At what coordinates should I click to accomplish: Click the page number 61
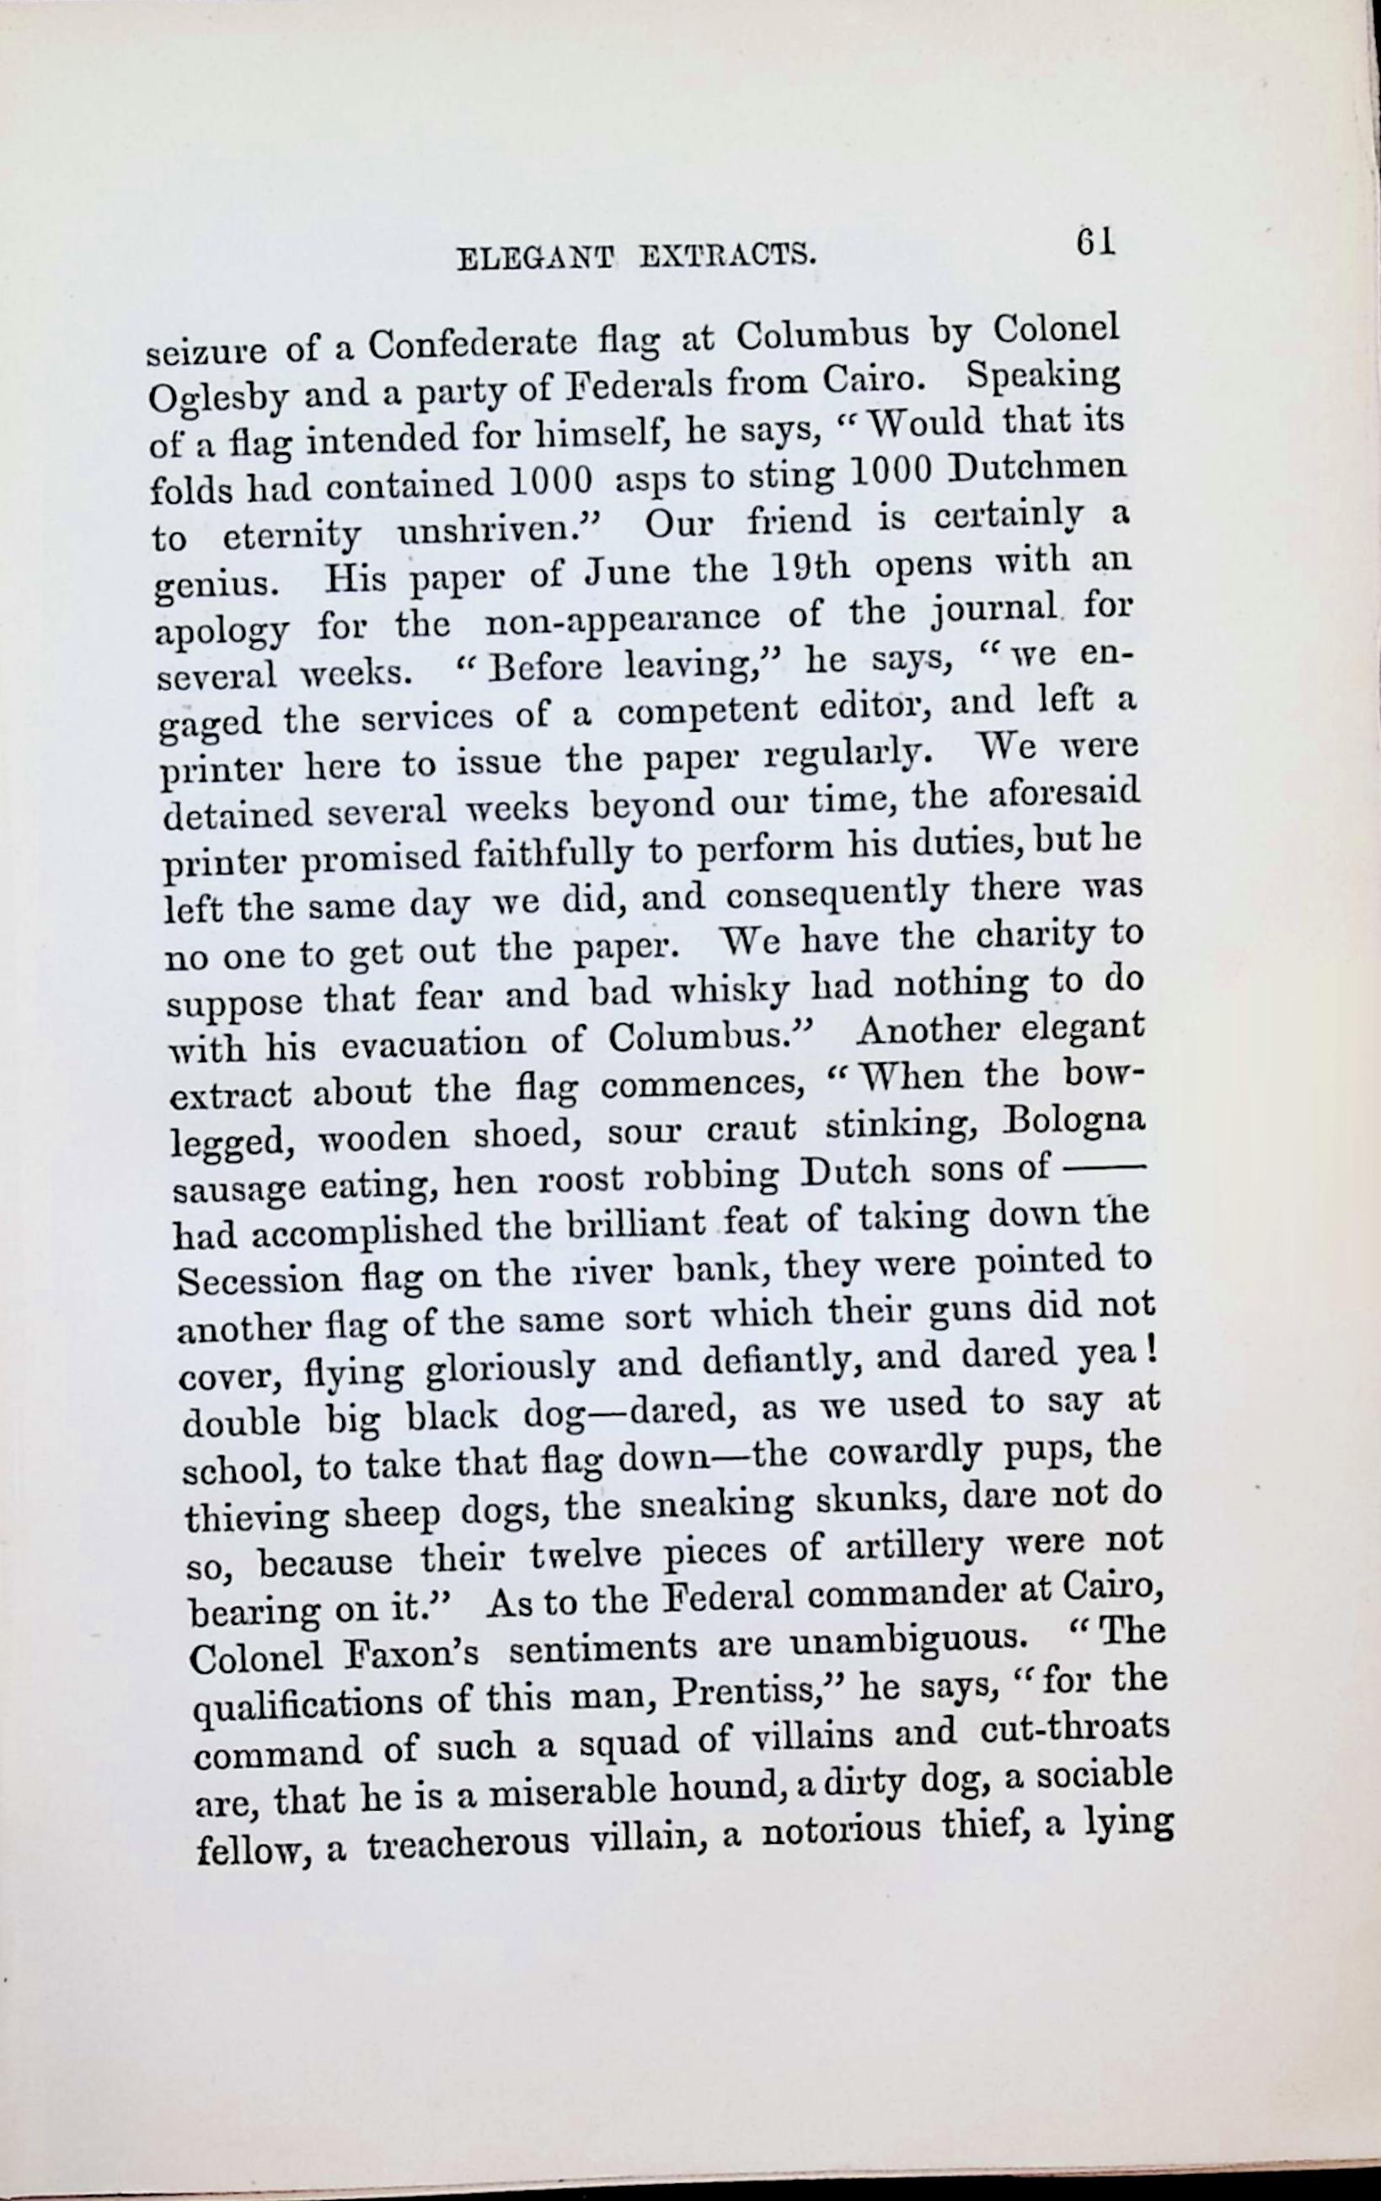click(x=1096, y=242)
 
